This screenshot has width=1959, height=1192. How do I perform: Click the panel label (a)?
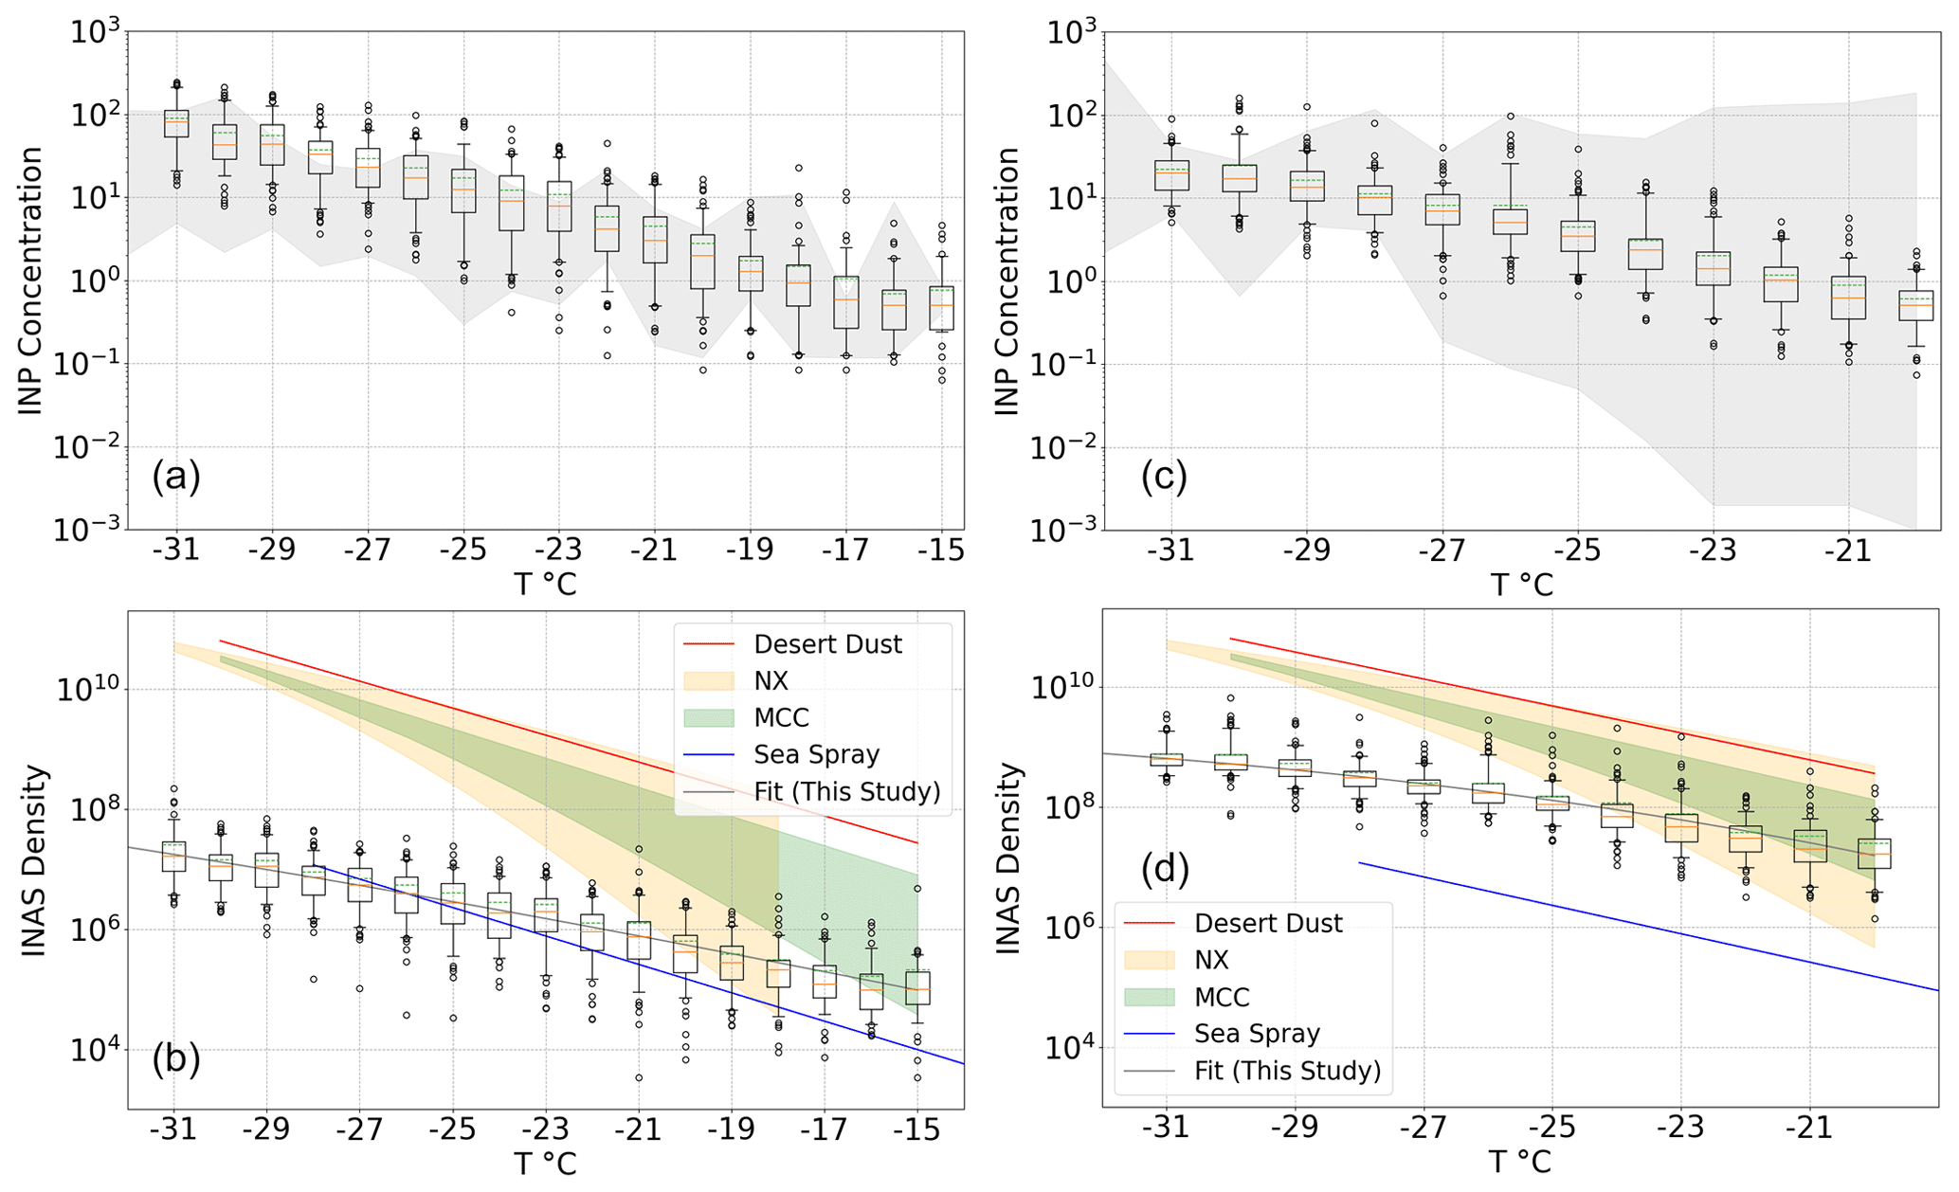coord(176,477)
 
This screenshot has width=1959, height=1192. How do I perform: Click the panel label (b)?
coord(176,1058)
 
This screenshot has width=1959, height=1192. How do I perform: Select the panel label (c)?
coord(1164,477)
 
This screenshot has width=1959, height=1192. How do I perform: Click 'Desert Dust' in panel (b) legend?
coord(827,644)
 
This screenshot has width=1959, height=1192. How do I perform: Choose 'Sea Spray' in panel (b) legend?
coord(816,754)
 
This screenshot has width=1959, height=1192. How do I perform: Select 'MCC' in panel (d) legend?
coord(1222,997)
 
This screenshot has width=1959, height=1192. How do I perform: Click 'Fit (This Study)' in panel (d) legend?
coord(1287,1071)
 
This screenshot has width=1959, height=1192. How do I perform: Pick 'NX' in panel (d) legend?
coord(1211,960)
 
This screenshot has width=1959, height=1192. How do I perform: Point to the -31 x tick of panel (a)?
coord(176,550)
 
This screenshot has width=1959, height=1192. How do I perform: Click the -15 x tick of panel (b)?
coord(916,1129)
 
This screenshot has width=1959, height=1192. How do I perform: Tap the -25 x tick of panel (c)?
coord(1578,550)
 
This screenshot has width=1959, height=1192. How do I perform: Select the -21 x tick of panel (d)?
coord(1809,1128)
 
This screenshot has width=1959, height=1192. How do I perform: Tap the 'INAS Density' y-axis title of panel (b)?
coord(34,860)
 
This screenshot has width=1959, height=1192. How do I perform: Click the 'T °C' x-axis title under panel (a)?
coord(545,585)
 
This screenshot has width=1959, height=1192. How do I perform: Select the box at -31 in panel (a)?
coord(176,123)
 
